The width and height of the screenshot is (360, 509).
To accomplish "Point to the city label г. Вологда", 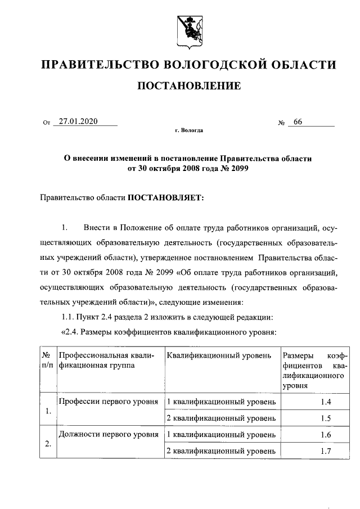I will [189, 131].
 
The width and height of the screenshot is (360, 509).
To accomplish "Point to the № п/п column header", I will [47, 361].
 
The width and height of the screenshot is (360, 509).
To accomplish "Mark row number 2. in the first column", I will [48, 444].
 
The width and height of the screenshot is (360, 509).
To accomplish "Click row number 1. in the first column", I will [48, 411].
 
